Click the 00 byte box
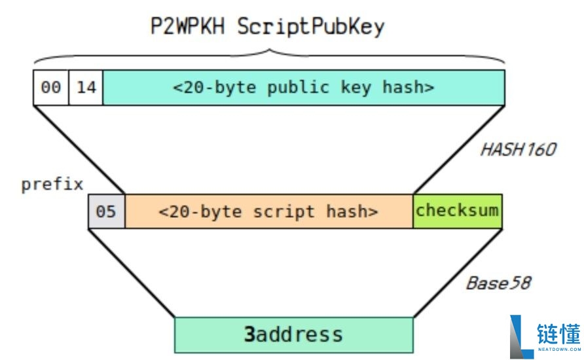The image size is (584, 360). pyautogui.click(x=50, y=88)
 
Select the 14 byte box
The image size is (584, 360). pyautogui.click(x=86, y=88)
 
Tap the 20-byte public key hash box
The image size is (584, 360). pyautogui.click(x=304, y=88)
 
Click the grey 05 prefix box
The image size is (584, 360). pyautogui.click(x=107, y=211)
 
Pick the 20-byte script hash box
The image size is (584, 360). pyautogui.click(x=269, y=211)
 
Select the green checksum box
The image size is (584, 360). pyautogui.click(x=458, y=211)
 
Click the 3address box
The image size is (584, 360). pyautogui.click(x=294, y=334)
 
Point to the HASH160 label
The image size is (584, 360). pyautogui.click(x=519, y=150)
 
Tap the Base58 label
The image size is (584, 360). pyautogui.click(x=499, y=283)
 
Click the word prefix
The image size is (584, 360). pyautogui.click(x=52, y=185)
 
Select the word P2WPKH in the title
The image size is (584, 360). pyautogui.click(x=188, y=26)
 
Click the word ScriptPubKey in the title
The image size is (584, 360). pyautogui.click(x=310, y=27)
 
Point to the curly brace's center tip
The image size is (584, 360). pyautogui.click(x=269, y=50)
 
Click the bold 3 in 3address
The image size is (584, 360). pyautogui.click(x=249, y=334)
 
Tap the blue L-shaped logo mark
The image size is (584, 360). pyautogui.click(x=521, y=337)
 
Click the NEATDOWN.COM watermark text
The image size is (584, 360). pyautogui.click(x=559, y=350)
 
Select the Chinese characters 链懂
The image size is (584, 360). pyautogui.click(x=558, y=334)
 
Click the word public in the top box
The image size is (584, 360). pyautogui.click(x=299, y=88)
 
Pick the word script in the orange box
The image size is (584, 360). pyautogui.click(x=283, y=212)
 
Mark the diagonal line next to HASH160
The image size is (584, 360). pyautogui.click(x=459, y=150)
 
